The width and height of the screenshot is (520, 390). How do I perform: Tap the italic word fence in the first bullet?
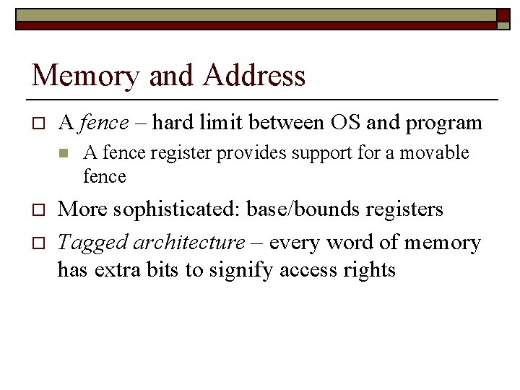point(104,123)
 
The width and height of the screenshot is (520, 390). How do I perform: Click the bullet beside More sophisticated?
point(38,210)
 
